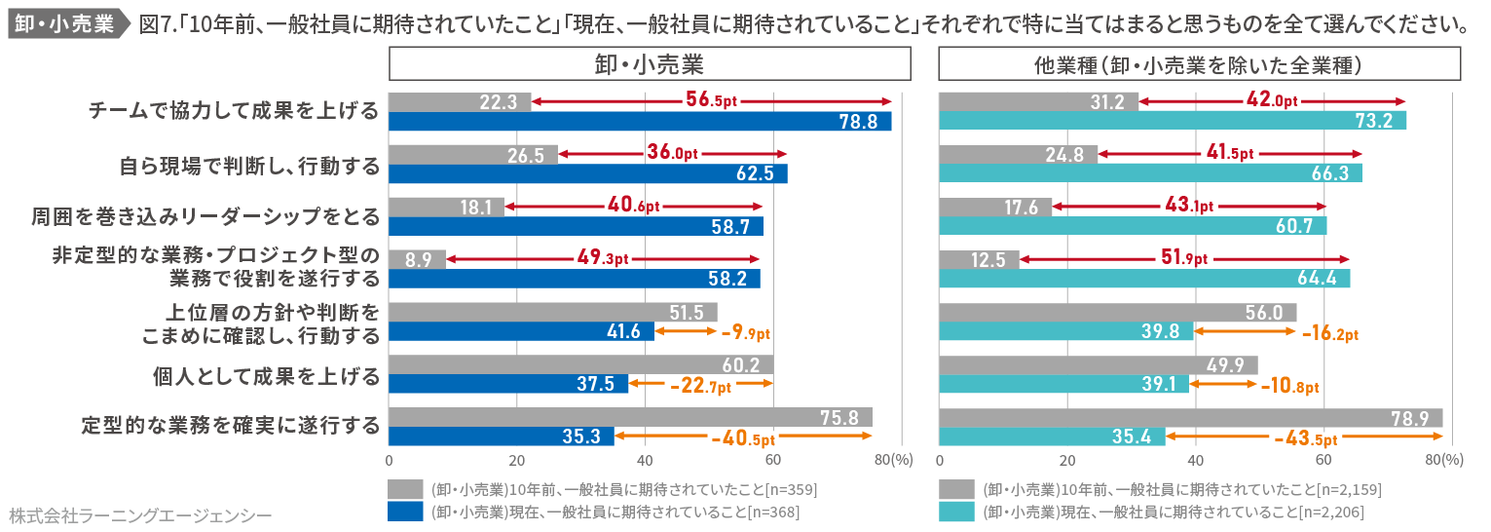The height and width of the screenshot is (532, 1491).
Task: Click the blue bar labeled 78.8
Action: pos(640,121)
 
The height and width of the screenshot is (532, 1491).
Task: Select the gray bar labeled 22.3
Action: pos(460,102)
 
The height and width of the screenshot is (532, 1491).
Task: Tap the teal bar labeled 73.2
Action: pos(1173,121)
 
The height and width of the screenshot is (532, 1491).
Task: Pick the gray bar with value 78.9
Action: pos(1190,418)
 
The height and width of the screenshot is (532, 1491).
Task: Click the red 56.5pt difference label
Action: pos(711,100)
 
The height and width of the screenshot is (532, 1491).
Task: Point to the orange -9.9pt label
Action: pos(746,332)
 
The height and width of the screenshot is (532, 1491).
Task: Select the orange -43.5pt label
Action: pos(1305,437)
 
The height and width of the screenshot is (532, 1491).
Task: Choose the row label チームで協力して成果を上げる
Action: pos(234,111)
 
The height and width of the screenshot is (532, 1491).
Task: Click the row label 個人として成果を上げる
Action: pos(266,374)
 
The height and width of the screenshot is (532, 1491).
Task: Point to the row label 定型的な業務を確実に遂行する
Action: pos(231,427)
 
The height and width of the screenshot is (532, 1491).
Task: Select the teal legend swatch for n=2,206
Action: pos(956,512)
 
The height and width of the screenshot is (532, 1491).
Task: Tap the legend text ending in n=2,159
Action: pos(1182,489)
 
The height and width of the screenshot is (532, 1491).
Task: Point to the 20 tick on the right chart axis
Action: pos(1067,460)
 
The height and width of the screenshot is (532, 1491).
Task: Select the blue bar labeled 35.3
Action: pos(501,437)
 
